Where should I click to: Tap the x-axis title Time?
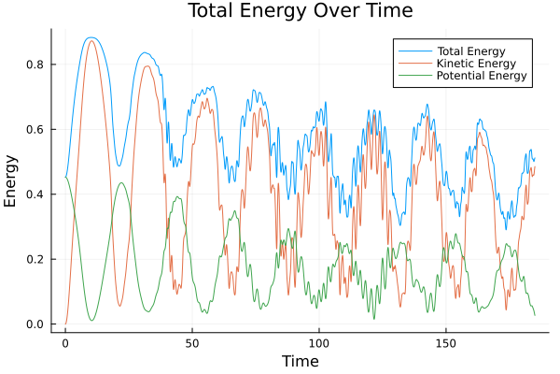300,361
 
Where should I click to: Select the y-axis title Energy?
11,180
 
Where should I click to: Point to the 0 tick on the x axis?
65,342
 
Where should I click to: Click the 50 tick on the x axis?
192,342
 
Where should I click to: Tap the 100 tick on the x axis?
319,342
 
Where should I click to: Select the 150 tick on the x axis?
446,342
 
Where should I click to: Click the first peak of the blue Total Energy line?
91,37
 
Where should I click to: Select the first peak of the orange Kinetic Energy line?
91,41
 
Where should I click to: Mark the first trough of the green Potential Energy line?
91,321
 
